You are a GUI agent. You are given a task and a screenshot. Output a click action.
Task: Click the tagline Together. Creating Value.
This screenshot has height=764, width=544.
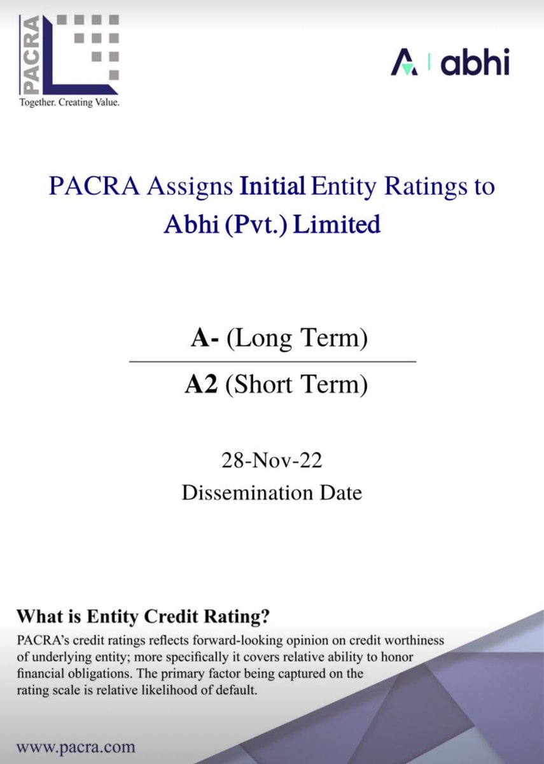pyautogui.click(x=69, y=102)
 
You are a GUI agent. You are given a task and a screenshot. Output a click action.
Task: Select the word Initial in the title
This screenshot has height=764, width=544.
pyautogui.click(x=272, y=188)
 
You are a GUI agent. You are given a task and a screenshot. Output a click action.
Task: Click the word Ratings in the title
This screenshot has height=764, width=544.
pyautogui.click(x=448, y=188)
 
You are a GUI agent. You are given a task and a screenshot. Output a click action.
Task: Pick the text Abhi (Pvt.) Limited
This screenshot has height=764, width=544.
pyautogui.click(x=272, y=225)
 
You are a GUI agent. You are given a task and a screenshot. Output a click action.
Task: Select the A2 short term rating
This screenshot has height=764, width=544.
pyautogui.click(x=200, y=385)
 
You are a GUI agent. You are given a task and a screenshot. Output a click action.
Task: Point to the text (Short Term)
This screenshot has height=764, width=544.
pyautogui.click(x=296, y=385)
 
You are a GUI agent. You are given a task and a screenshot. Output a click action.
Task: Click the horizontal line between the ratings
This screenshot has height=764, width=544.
pyautogui.click(x=272, y=362)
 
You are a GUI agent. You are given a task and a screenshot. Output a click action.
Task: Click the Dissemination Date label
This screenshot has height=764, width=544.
pyautogui.click(x=272, y=492)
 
